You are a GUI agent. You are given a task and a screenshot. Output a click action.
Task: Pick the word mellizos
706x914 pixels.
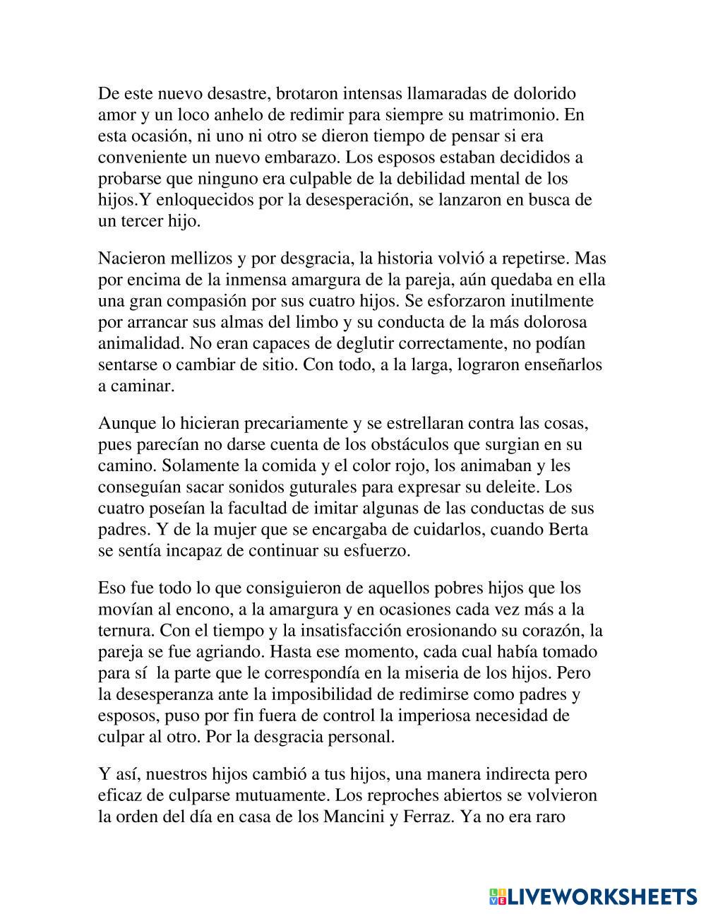(196, 259)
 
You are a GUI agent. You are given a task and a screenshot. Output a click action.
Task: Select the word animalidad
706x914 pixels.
(134, 344)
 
